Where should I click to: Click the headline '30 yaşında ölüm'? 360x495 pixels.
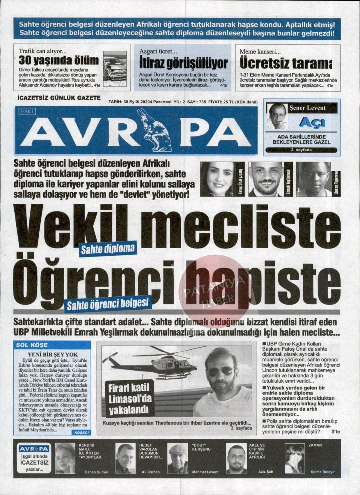pos(59,61)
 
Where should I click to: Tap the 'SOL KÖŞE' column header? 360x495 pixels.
pos(32,345)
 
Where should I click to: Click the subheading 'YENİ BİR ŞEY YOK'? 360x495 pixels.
pos(53,354)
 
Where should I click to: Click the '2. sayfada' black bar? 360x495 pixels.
pos(301,150)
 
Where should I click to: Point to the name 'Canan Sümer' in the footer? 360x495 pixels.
pos(96,472)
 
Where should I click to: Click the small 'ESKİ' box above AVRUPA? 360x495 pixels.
pos(27,111)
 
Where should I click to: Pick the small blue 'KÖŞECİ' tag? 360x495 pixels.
pos(81,433)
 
